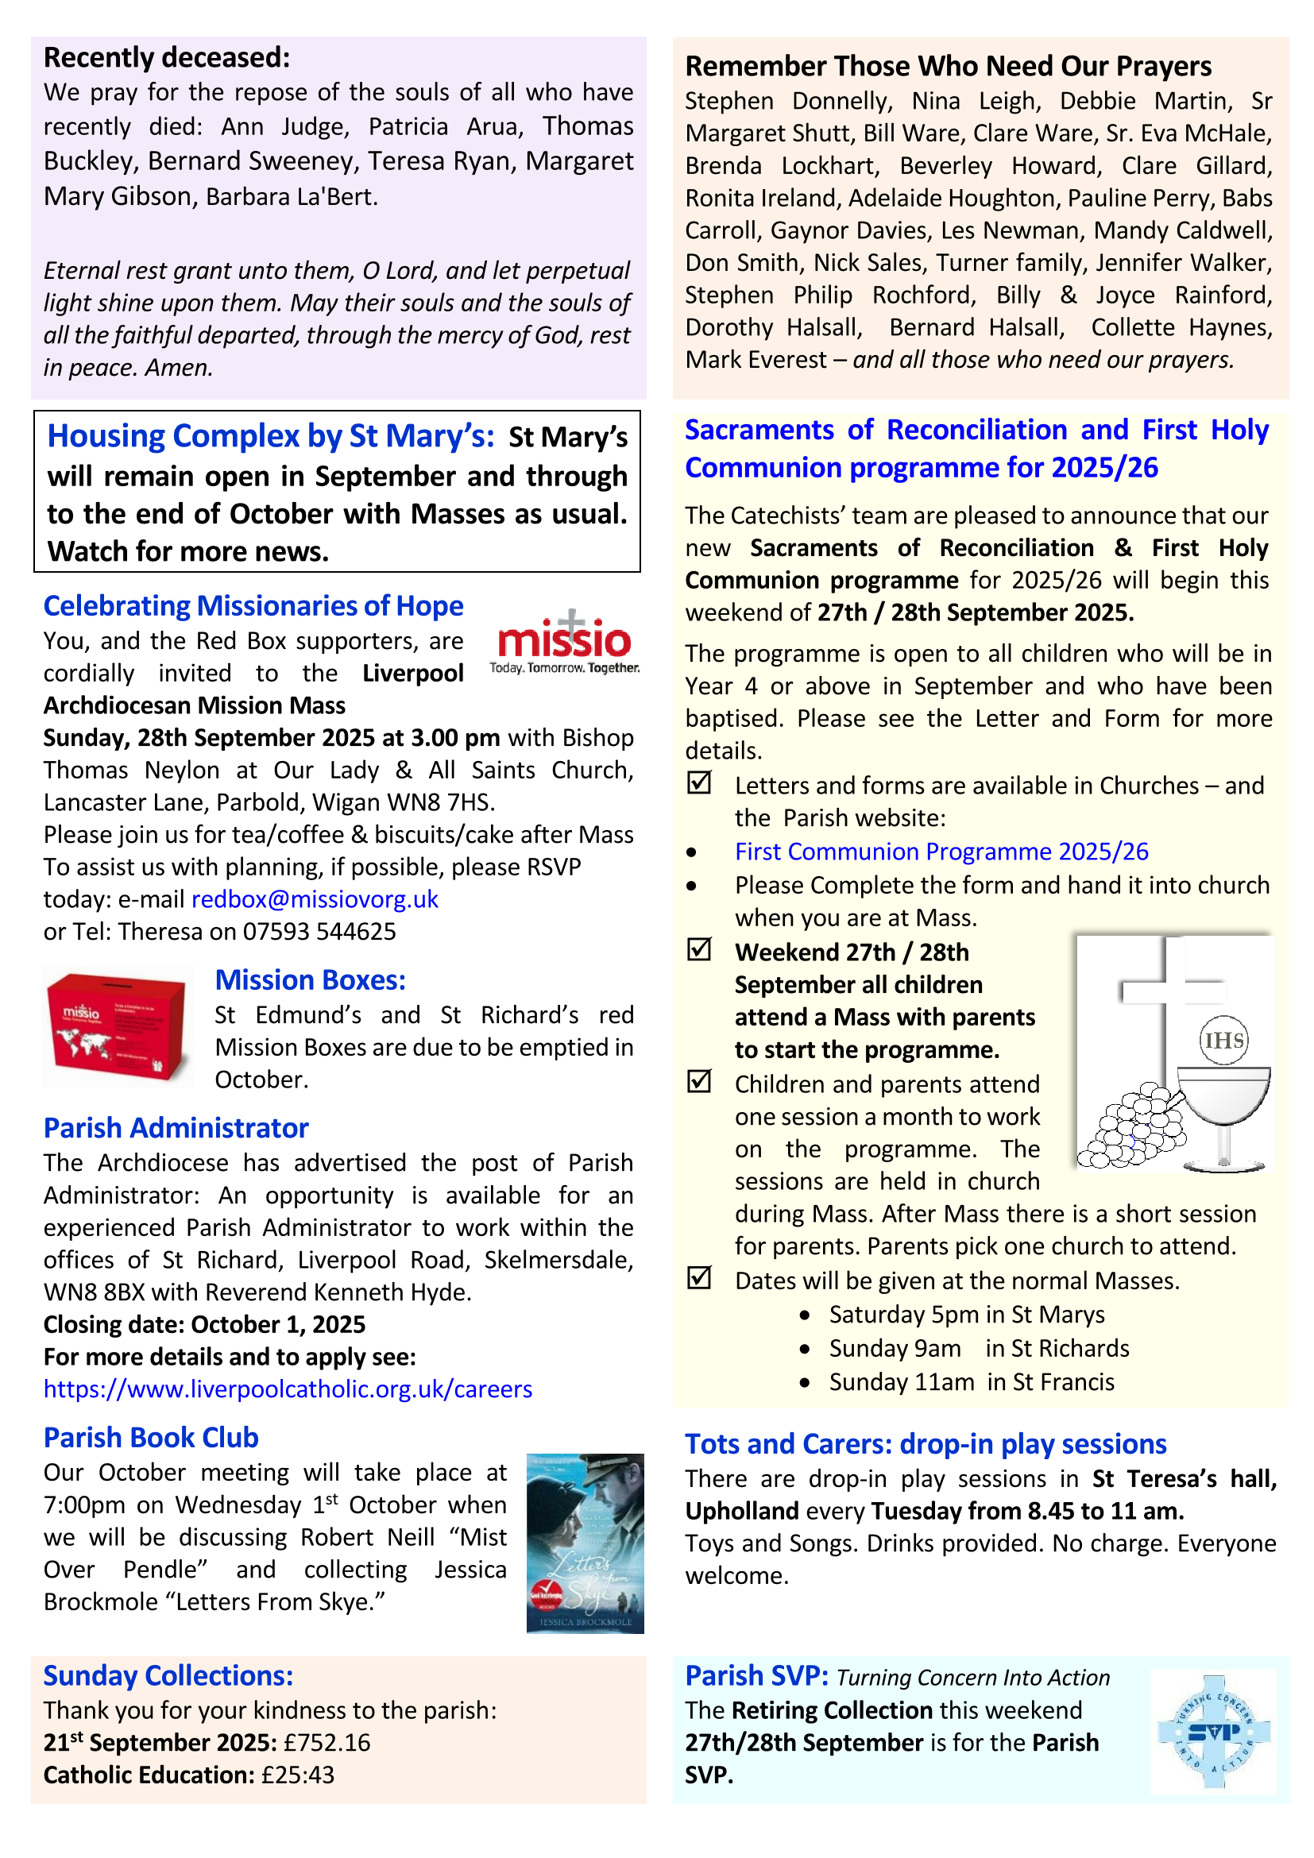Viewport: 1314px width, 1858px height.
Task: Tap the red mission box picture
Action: [x=118, y=1026]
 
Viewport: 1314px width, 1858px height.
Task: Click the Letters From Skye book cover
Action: [x=585, y=1543]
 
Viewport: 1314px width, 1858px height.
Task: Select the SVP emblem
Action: [x=1213, y=1732]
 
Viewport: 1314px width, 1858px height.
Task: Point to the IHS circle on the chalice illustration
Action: [x=1223, y=1040]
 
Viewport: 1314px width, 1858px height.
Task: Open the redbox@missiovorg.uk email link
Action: [x=315, y=899]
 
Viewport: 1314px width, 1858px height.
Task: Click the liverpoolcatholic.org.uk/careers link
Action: [x=288, y=1389]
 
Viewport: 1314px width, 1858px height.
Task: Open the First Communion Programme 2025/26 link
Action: [x=941, y=852]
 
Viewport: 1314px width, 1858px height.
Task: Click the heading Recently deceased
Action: [x=167, y=57]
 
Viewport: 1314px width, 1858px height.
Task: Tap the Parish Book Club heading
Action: [x=151, y=1437]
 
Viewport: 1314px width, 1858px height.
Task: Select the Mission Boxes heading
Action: [x=310, y=980]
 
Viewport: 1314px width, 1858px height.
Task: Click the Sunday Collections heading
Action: [x=168, y=1675]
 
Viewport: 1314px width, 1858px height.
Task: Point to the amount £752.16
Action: [x=327, y=1742]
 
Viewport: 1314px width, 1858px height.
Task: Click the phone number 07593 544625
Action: [x=319, y=932]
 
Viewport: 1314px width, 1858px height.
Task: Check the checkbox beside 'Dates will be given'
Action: [x=698, y=1278]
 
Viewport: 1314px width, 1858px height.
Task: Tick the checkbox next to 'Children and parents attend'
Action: [x=698, y=1081]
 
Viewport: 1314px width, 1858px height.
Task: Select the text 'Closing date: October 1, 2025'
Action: [x=205, y=1324]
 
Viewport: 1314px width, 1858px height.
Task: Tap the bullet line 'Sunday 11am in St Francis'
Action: [x=971, y=1381]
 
